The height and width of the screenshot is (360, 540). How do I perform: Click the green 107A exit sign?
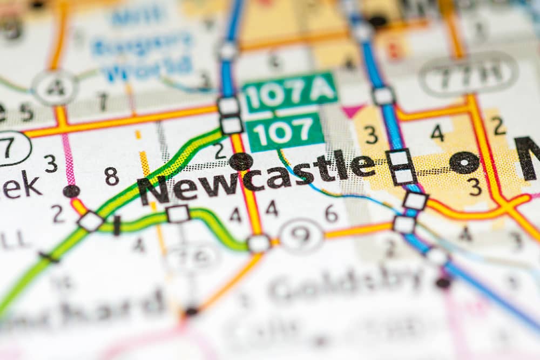tap(290, 92)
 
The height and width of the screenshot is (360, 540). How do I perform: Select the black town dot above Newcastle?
tap(240, 161)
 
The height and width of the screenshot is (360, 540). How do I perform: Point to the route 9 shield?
tap(301, 236)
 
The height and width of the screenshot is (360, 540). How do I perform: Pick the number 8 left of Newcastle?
tap(112, 176)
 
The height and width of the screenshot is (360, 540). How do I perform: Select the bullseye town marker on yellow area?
tap(464, 162)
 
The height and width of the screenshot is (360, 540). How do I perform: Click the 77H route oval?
tap(468, 73)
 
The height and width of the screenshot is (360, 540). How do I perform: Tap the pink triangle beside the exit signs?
tap(353, 111)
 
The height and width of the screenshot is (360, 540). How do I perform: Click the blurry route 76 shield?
tap(192, 258)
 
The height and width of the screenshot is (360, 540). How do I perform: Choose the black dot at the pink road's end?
tap(71, 191)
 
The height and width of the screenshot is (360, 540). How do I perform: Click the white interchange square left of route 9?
tap(259, 243)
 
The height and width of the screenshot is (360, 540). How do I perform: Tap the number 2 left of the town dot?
tap(219, 152)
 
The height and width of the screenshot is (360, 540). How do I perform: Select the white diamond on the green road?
tap(90, 221)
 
